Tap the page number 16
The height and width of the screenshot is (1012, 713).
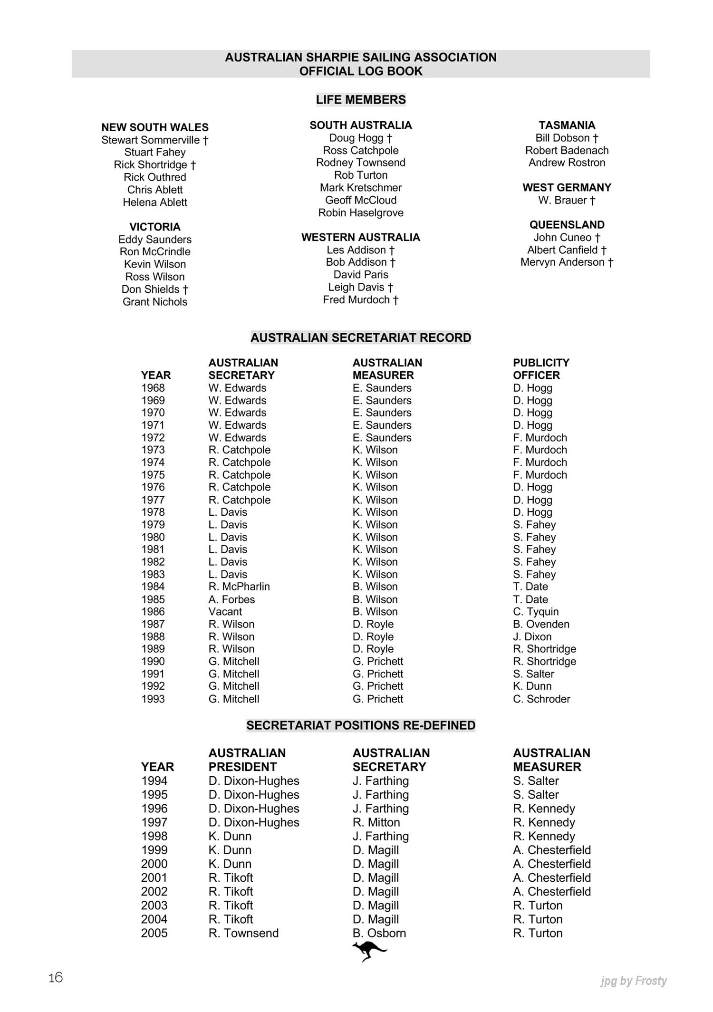tap(56, 977)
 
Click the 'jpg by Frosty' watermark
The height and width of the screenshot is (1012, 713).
tap(634, 981)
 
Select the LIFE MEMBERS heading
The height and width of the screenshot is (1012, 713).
tap(361, 100)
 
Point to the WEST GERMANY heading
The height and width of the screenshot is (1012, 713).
tap(567, 187)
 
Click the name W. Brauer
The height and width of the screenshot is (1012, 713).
tap(567, 200)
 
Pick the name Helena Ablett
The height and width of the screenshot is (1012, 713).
tap(155, 202)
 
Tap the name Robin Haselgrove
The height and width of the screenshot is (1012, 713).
tap(361, 212)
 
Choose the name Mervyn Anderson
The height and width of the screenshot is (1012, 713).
tap(567, 262)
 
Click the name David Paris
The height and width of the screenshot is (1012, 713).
tap(361, 275)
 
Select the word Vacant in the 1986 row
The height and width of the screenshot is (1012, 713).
tap(225, 612)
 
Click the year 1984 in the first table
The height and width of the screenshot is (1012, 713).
tap(153, 587)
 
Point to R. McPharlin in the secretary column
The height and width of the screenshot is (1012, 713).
tap(239, 587)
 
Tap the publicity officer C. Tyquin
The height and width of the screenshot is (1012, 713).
tap(536, 612)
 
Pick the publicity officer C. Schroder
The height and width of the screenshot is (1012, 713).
tap(541, 699)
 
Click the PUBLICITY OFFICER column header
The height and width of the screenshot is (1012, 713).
tap(541, 369)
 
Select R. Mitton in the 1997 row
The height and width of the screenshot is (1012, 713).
tap(376, 822)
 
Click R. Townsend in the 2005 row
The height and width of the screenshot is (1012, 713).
tap(243, 933)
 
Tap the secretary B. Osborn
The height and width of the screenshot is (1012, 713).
tap(379, 933)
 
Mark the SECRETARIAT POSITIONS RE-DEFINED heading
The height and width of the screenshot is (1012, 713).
tap(361, 725)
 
